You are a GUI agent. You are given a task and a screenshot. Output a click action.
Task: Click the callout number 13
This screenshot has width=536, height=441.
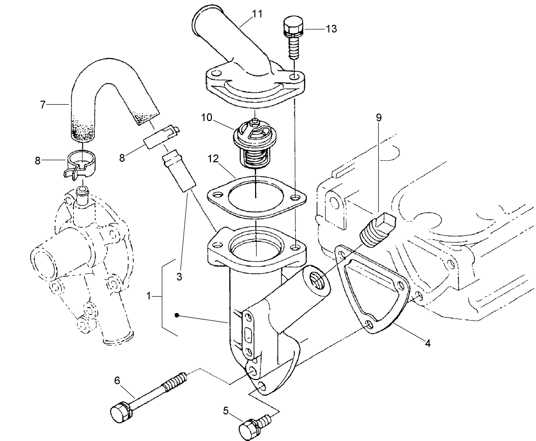(331, 29)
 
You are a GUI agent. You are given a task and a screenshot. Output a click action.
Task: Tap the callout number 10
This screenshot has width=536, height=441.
(207, 118)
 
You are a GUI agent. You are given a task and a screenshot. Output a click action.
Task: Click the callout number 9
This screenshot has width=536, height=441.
(379, 118)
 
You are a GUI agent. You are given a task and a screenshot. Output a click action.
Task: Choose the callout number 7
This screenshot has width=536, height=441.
(43, 105)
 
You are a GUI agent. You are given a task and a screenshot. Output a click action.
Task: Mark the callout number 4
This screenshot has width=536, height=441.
(426, 342)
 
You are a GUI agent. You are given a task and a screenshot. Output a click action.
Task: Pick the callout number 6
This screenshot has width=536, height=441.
(117, 380)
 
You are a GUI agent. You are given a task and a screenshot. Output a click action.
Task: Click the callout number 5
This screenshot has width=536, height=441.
(226, 410)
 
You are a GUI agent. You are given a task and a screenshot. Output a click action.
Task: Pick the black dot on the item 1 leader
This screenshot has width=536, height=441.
(177, 315)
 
